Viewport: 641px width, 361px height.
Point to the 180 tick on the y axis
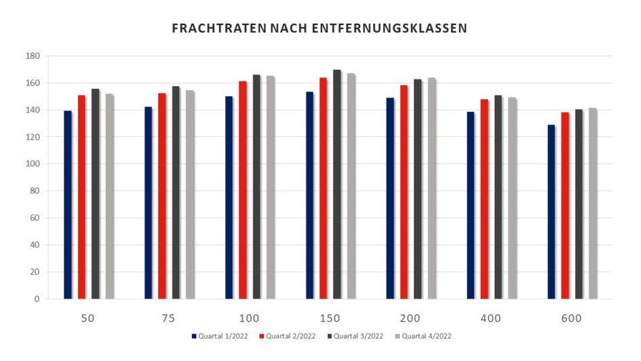point(33,56)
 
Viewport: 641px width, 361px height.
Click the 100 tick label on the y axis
point(33,164)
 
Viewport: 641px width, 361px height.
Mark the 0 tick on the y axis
point(37,299)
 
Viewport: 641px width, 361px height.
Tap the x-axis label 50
point(88,318)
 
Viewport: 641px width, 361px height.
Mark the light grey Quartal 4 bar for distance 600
point(592,204)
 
